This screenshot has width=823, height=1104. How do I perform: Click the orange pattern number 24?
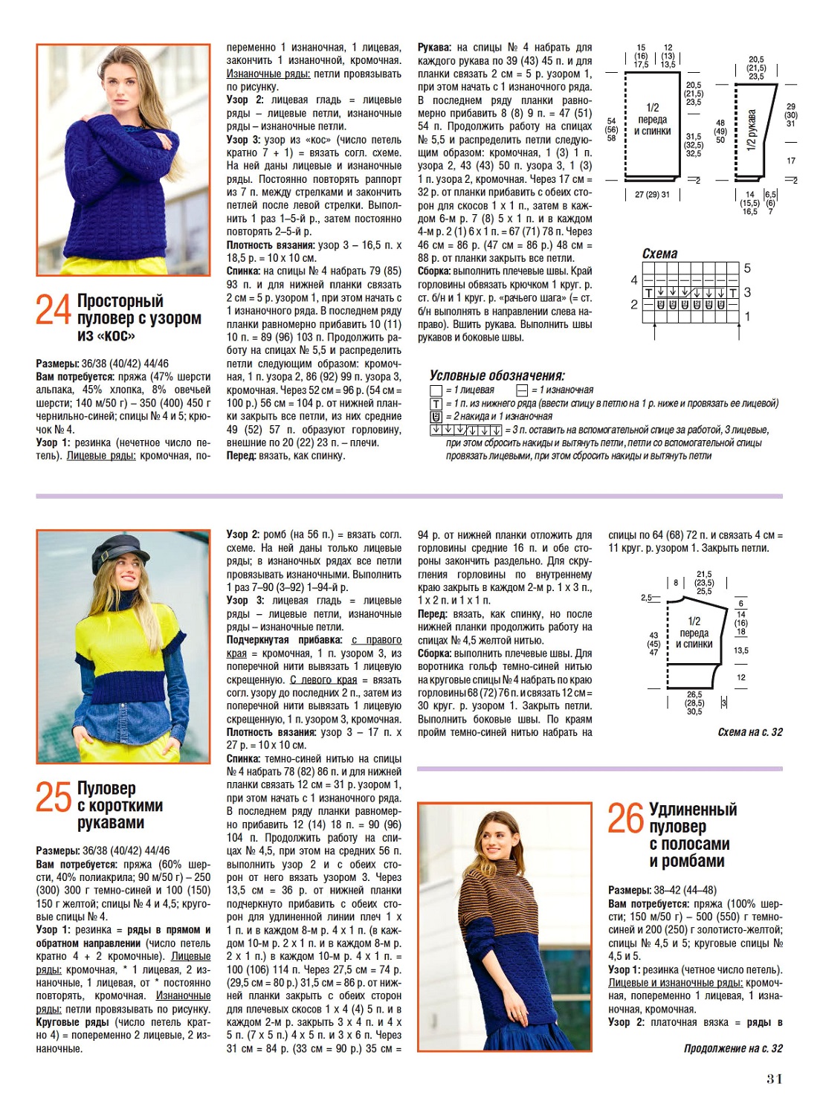coord(54,309)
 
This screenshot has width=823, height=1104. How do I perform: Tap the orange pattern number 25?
coord(54,796)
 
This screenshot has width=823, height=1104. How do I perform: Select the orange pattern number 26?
coord(625,818)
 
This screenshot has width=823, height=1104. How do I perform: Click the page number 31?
coord(775,1079)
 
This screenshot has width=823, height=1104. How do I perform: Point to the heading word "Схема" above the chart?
coord(659,254)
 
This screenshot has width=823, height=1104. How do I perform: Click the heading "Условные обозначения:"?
coord(497,375)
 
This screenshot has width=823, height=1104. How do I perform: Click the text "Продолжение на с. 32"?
coord(733,1048)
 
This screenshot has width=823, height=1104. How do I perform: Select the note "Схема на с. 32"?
coord(750,732)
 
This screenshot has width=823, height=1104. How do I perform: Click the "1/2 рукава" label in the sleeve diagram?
coord(751,131)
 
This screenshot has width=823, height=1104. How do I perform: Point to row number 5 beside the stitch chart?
coord(747,268)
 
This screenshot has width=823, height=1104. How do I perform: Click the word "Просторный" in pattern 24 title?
coord(120,301)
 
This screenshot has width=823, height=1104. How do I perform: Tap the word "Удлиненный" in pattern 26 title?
coord(693,810)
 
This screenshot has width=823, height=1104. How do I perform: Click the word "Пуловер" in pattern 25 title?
coord(106,788)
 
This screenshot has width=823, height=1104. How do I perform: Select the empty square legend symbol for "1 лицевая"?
coord(436,390)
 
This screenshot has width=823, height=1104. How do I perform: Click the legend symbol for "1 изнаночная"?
coord(522,390)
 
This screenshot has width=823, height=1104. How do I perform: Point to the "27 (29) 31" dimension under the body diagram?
coord(652,195)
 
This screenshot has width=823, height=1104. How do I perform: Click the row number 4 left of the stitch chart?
coord(634,280)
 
